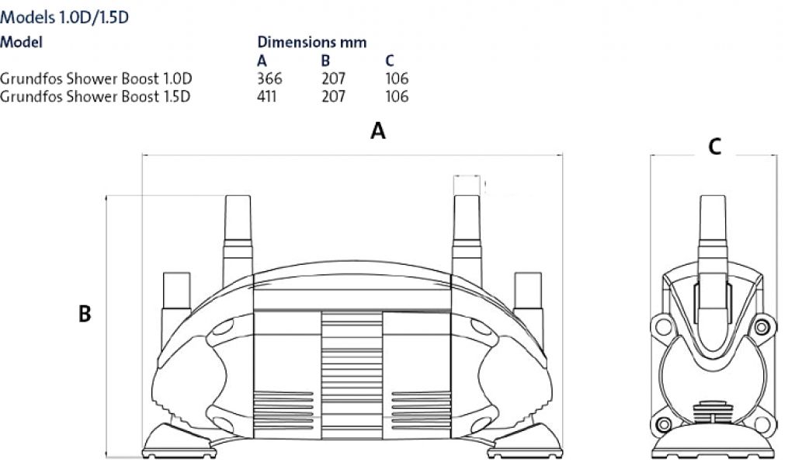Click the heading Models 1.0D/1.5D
[x=64, y=17]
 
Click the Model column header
[x=21, y=42]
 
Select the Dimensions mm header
[x=312, y=42]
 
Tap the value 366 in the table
[x=269, y=78]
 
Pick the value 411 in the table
[x=267, y=96]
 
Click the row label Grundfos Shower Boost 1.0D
[x=95, y=78]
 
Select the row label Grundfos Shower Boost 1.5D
[x=95, y=96]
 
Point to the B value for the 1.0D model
[x=333, y=78]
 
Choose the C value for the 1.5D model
[x=397, y=96]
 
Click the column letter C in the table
[x=390, y=61]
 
